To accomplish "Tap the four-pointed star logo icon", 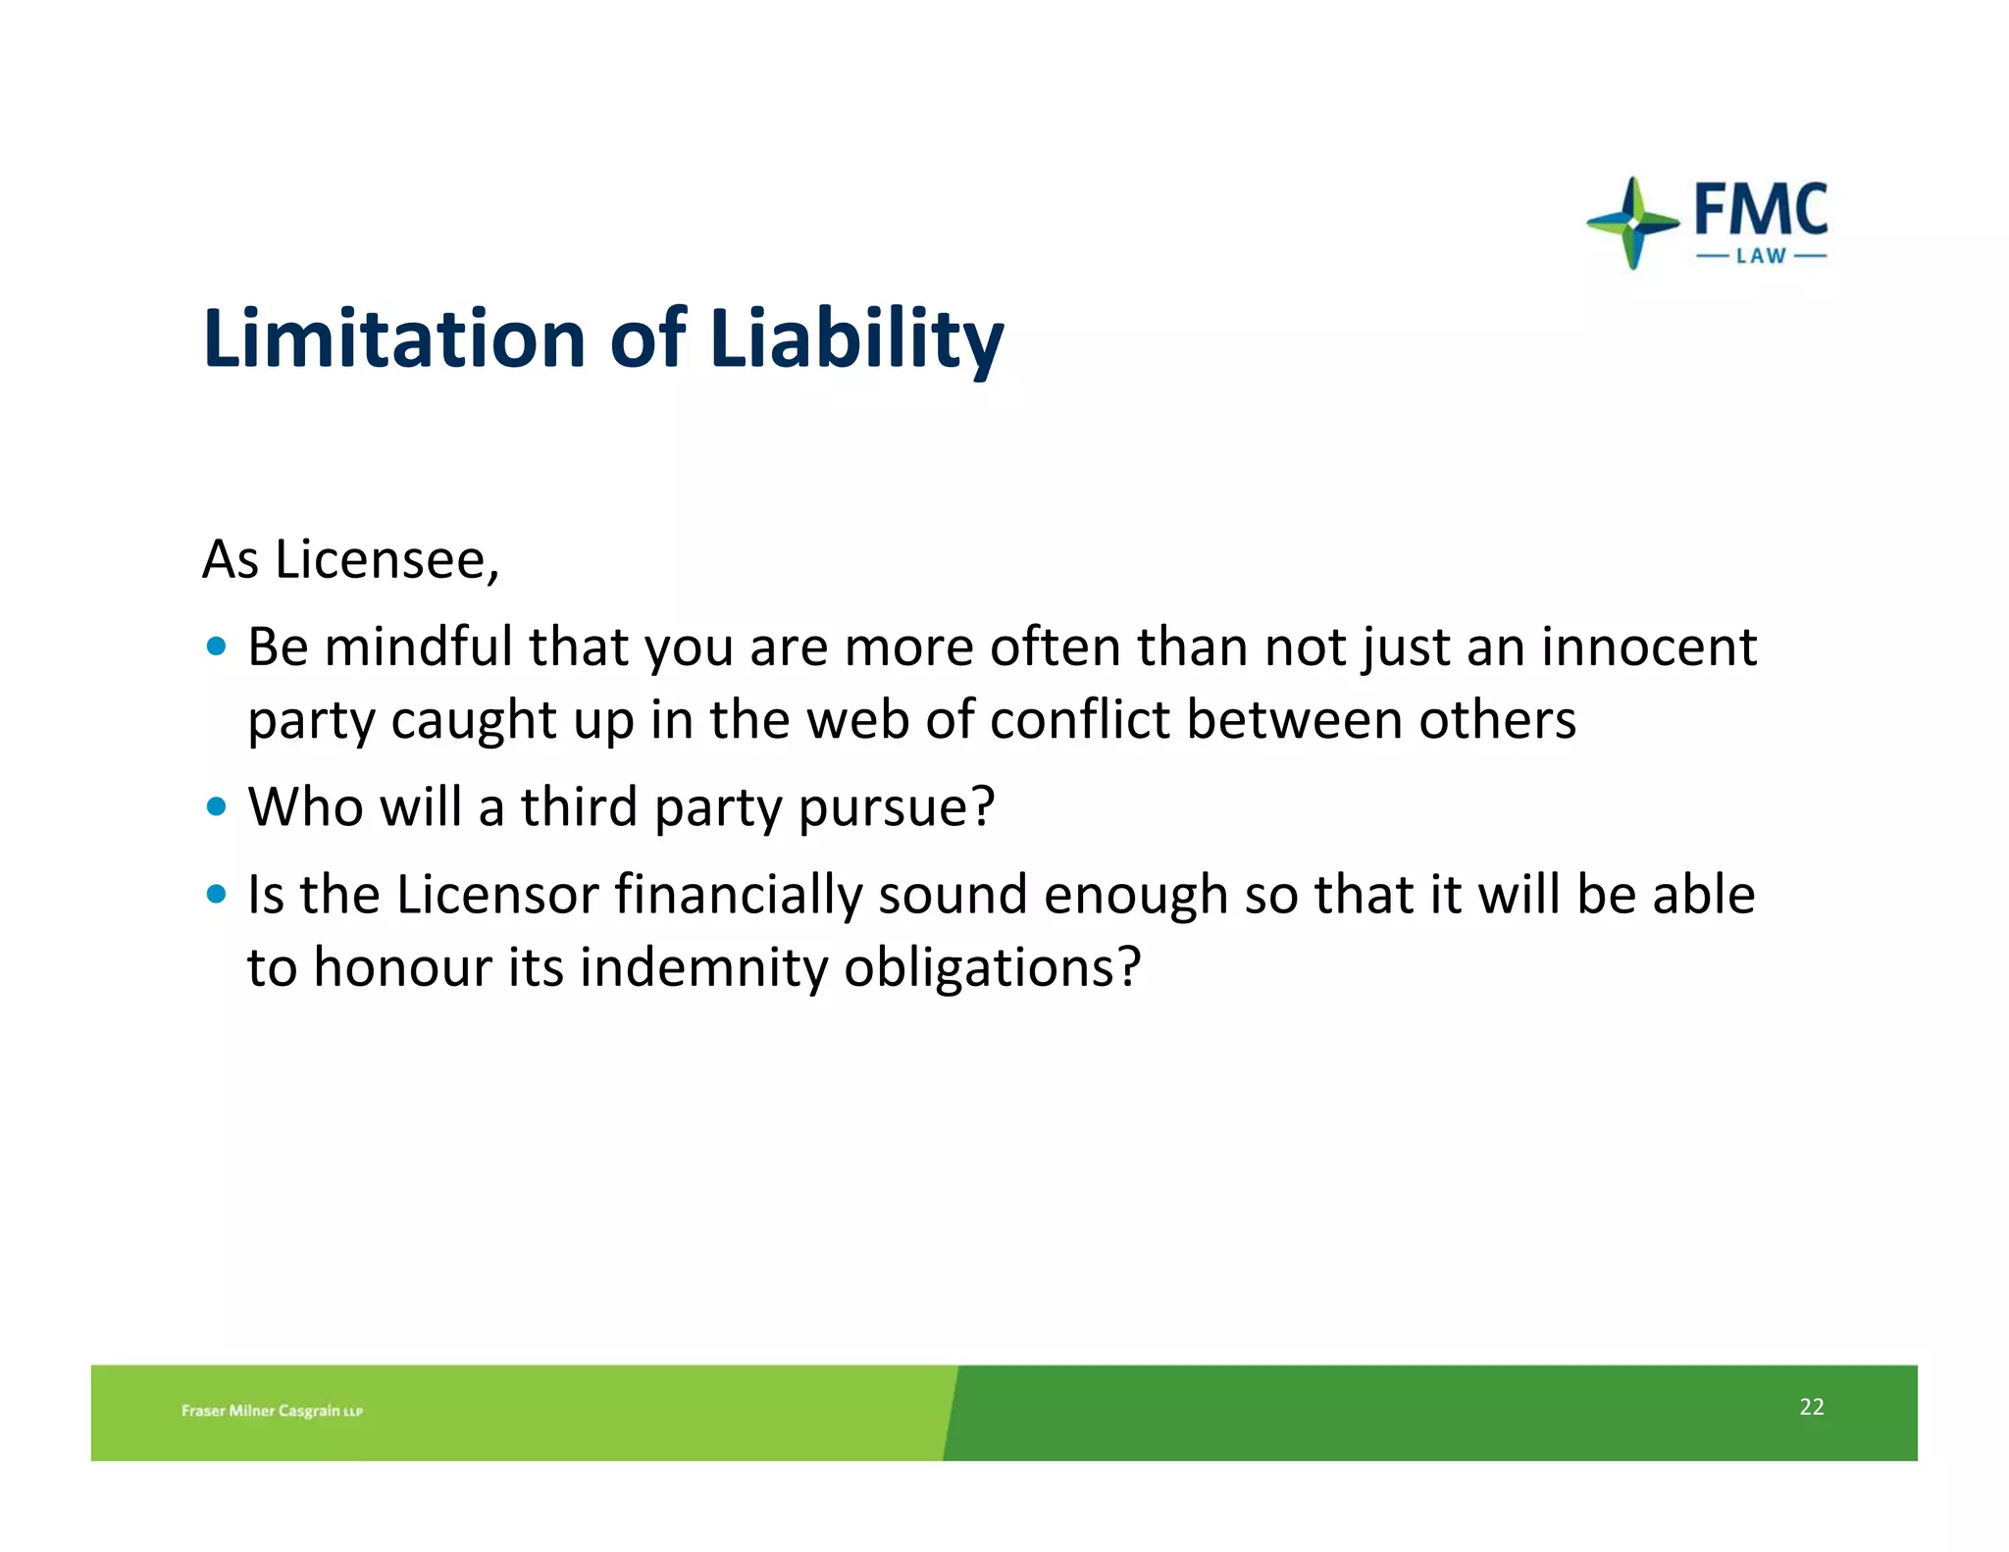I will coord(1632,223).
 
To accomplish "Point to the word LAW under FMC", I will coord(1761,257).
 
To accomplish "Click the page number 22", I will coord(1811,1407).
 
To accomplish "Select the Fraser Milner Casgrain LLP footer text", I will coord(272,1411).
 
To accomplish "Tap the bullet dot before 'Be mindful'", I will coord(217,647).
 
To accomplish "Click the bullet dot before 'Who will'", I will coord(217,807).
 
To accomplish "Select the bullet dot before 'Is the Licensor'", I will coord(217,895).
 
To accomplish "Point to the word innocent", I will coord(1649,647).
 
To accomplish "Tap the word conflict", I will coord(1080,720).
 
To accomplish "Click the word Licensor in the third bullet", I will coord(497,895).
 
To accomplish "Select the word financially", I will coord(739,897).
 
